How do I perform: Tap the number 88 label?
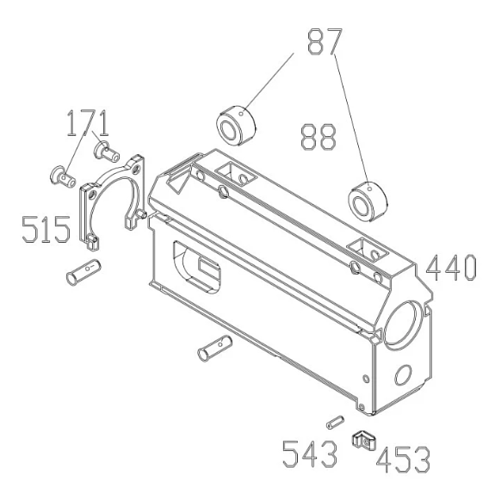click(x=318, y=136)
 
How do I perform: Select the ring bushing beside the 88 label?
click(x=365, y=201)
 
